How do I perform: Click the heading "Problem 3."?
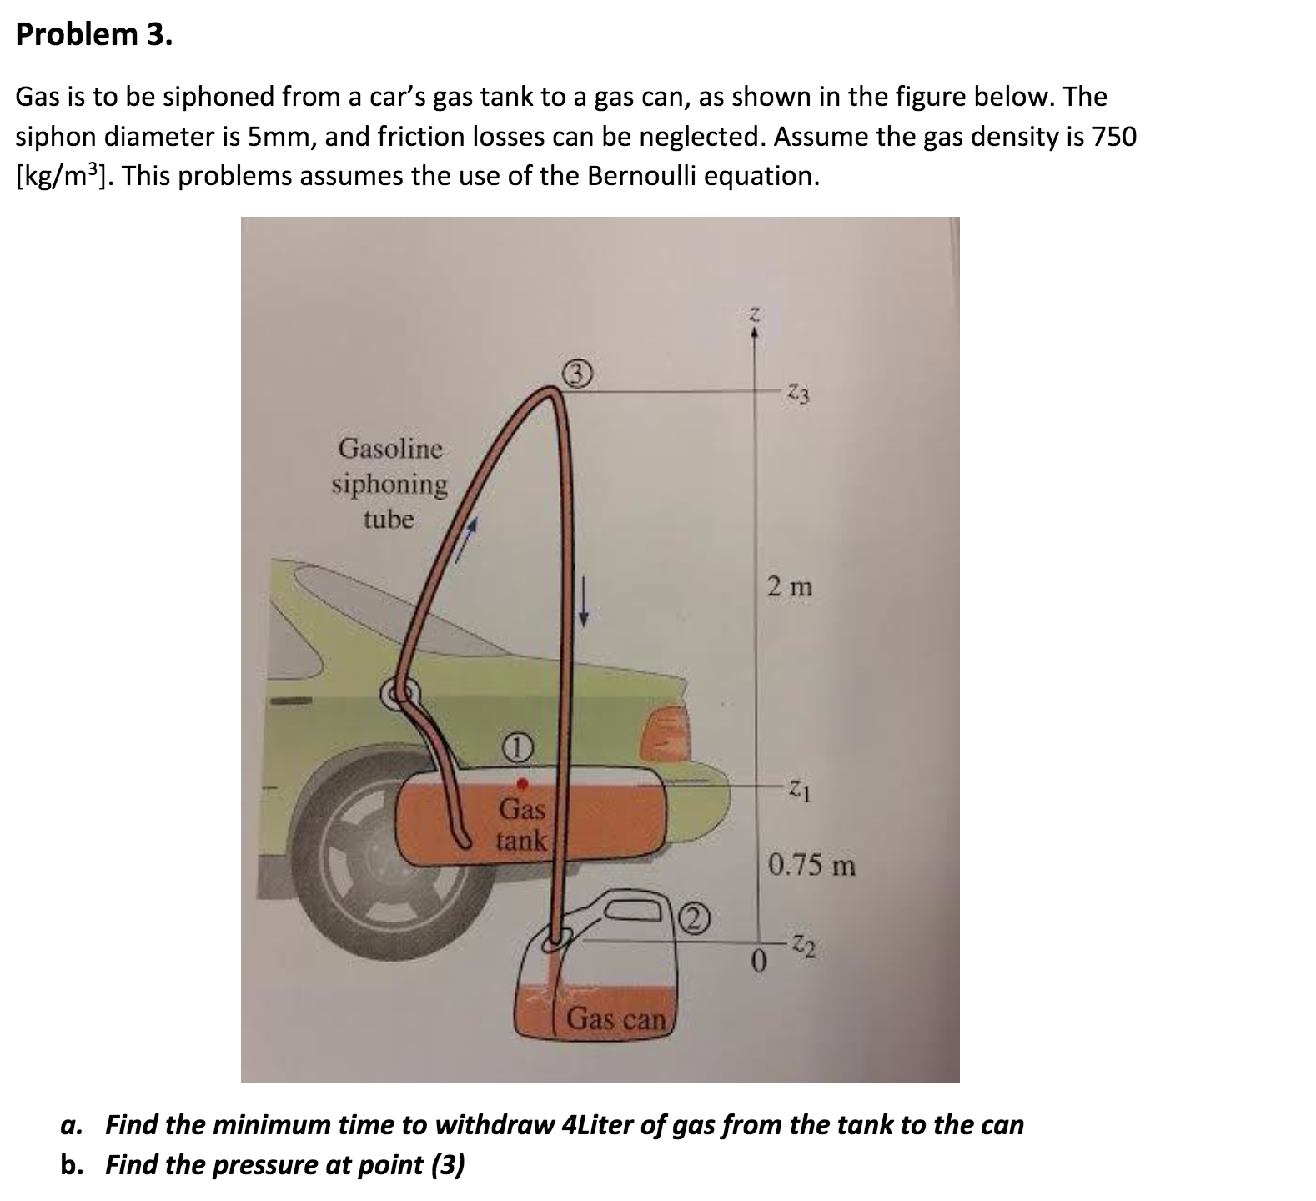pos(94,34)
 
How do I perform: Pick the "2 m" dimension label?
pos(789,587)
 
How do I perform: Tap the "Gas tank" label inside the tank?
pos(521,824)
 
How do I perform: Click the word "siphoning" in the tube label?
pos(389,484)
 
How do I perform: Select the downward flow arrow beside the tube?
pos(585,601)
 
